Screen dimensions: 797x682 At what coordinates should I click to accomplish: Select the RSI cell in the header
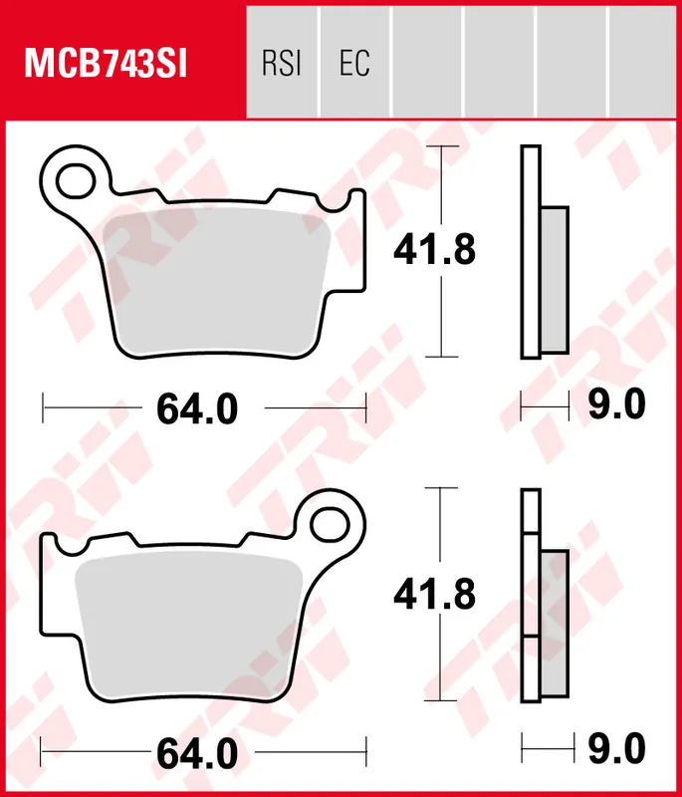tap(282, 64)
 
